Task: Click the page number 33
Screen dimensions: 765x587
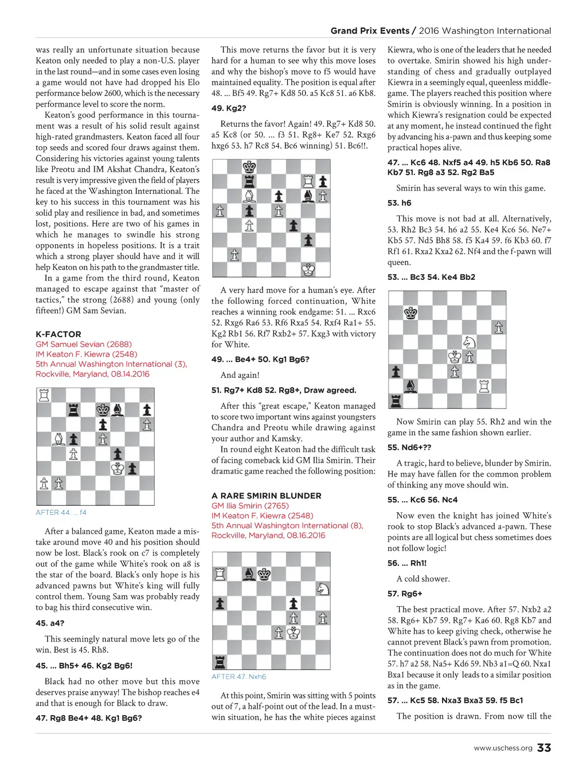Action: point(544,747)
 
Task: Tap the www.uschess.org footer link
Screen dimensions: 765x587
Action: point(503,748)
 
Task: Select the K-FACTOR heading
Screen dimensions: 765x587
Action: point(58,334)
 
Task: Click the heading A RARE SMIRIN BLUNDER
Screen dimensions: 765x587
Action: point(266,495)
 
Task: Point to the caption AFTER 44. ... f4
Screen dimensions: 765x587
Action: point(61,512)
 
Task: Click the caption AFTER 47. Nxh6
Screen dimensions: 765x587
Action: point(238,677)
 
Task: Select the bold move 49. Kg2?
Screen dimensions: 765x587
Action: point(229,108)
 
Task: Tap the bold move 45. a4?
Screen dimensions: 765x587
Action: point(50,623)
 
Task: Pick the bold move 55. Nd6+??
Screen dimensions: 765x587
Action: point(409,447)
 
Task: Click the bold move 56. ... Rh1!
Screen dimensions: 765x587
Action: point(407,563)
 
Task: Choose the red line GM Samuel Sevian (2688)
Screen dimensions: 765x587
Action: point(84,344)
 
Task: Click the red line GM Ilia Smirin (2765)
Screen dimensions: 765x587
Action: point(250,506)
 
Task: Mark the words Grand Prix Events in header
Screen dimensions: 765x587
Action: point(370,31)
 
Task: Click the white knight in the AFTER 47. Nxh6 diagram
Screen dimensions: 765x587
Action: point(323,588)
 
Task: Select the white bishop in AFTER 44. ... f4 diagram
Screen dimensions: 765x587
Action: point(58,439)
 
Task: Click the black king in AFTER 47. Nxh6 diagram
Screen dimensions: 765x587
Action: point(264,573)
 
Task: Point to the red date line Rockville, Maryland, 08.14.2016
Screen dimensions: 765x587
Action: point(92,374)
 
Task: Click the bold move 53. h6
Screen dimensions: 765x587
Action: point(399,203)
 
